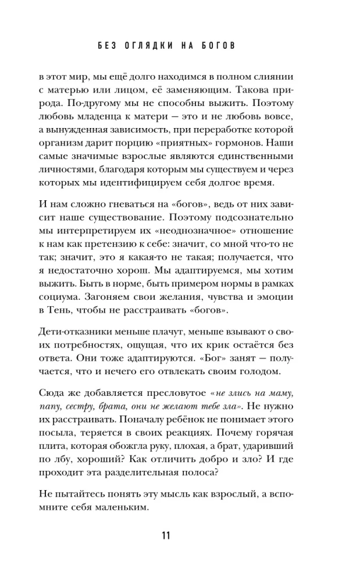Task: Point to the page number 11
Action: point(179,536)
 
